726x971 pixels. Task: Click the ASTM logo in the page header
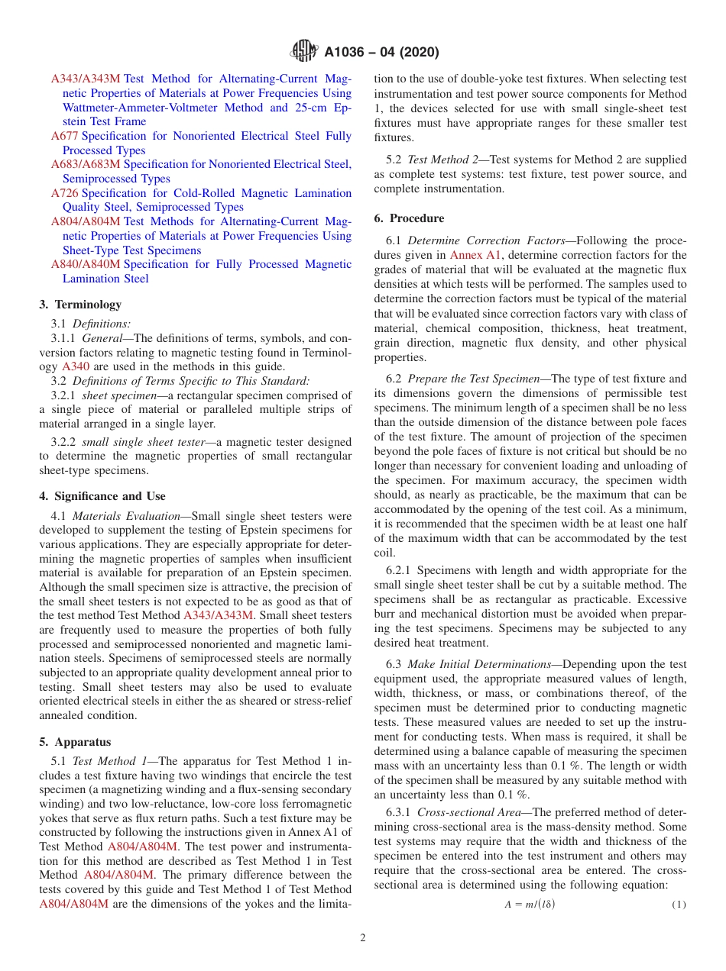303,52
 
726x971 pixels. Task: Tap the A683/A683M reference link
86,164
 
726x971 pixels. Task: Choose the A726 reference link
64,193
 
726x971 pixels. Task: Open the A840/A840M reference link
86,264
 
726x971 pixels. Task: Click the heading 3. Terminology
80,304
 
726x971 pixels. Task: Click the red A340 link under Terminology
74,366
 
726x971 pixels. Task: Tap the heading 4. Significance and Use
102,496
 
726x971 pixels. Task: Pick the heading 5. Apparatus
75,742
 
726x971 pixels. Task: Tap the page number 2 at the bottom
363,938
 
